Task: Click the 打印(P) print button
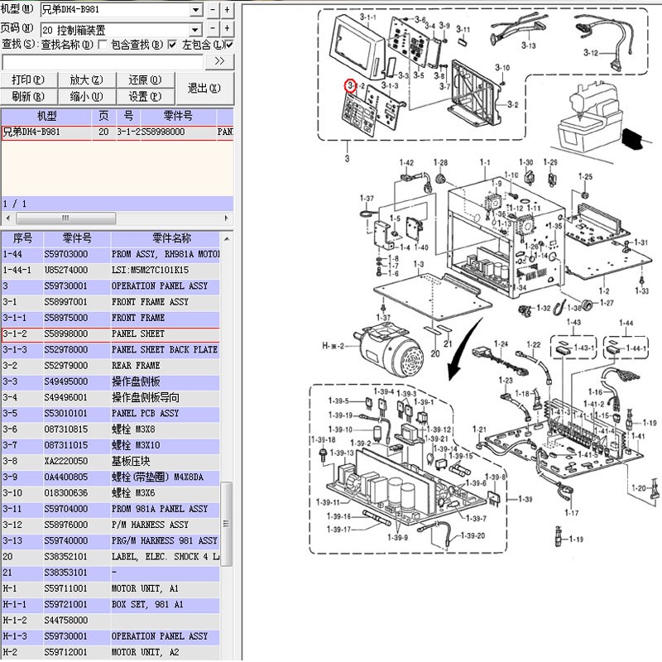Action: (x=29, y=79)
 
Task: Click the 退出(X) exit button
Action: (x=204, y=88)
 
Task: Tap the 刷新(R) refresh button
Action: (x=29, y=96)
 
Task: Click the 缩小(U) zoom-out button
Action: (x=85, y=96)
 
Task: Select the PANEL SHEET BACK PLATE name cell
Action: (x=165, y=350)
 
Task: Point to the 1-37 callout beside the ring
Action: (x=367, y=198)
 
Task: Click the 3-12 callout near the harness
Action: (x=590, y=53)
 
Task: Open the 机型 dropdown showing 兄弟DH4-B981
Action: (x=121, y=9)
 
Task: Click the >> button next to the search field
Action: (x=218, y=61)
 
